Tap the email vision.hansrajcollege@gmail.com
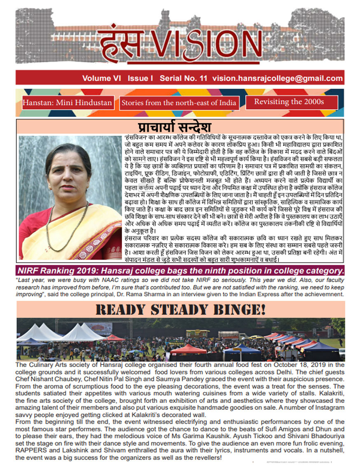point(278,78)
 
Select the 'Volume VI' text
point(101,78)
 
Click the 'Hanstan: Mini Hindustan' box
point(68,103)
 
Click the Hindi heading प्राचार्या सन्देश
point(175,127)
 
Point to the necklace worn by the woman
point(66,225)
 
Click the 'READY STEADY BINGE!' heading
point(180,309)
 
